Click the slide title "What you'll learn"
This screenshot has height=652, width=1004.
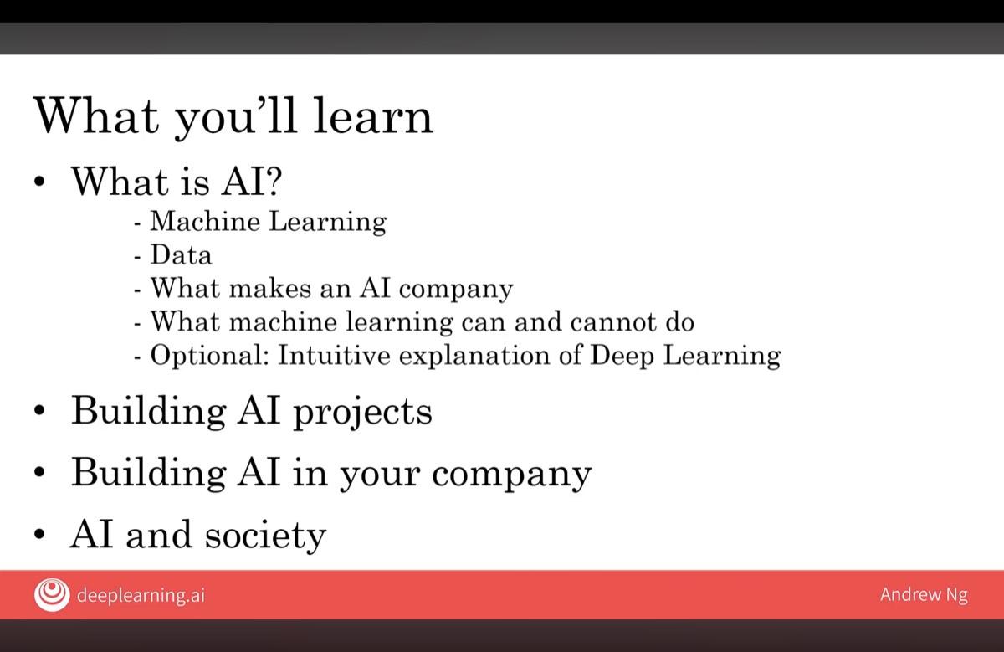[x=233, y=116]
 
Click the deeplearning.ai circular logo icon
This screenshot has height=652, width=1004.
[x=52, y=595]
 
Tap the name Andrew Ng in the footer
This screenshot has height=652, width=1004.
[x=924, y=595]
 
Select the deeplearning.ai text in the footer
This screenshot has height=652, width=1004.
[x=140, y=596]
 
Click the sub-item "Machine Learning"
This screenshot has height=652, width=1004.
[x=268, y=222]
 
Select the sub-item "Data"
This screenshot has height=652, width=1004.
[x=181, y=254]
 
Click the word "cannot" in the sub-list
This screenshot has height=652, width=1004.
[x=605, y=321]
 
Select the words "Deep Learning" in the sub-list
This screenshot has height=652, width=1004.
[x=685, y=356]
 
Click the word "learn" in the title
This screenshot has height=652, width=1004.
[x=373, y=116]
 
